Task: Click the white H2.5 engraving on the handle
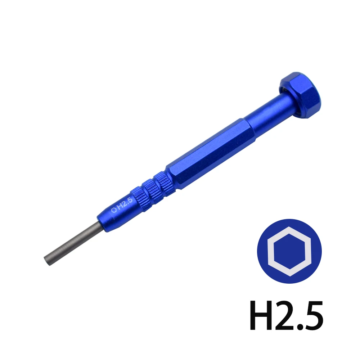[122, 205]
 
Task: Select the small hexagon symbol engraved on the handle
[114, 210]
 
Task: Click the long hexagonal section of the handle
[211, 153]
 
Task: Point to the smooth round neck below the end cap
[266, 117]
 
